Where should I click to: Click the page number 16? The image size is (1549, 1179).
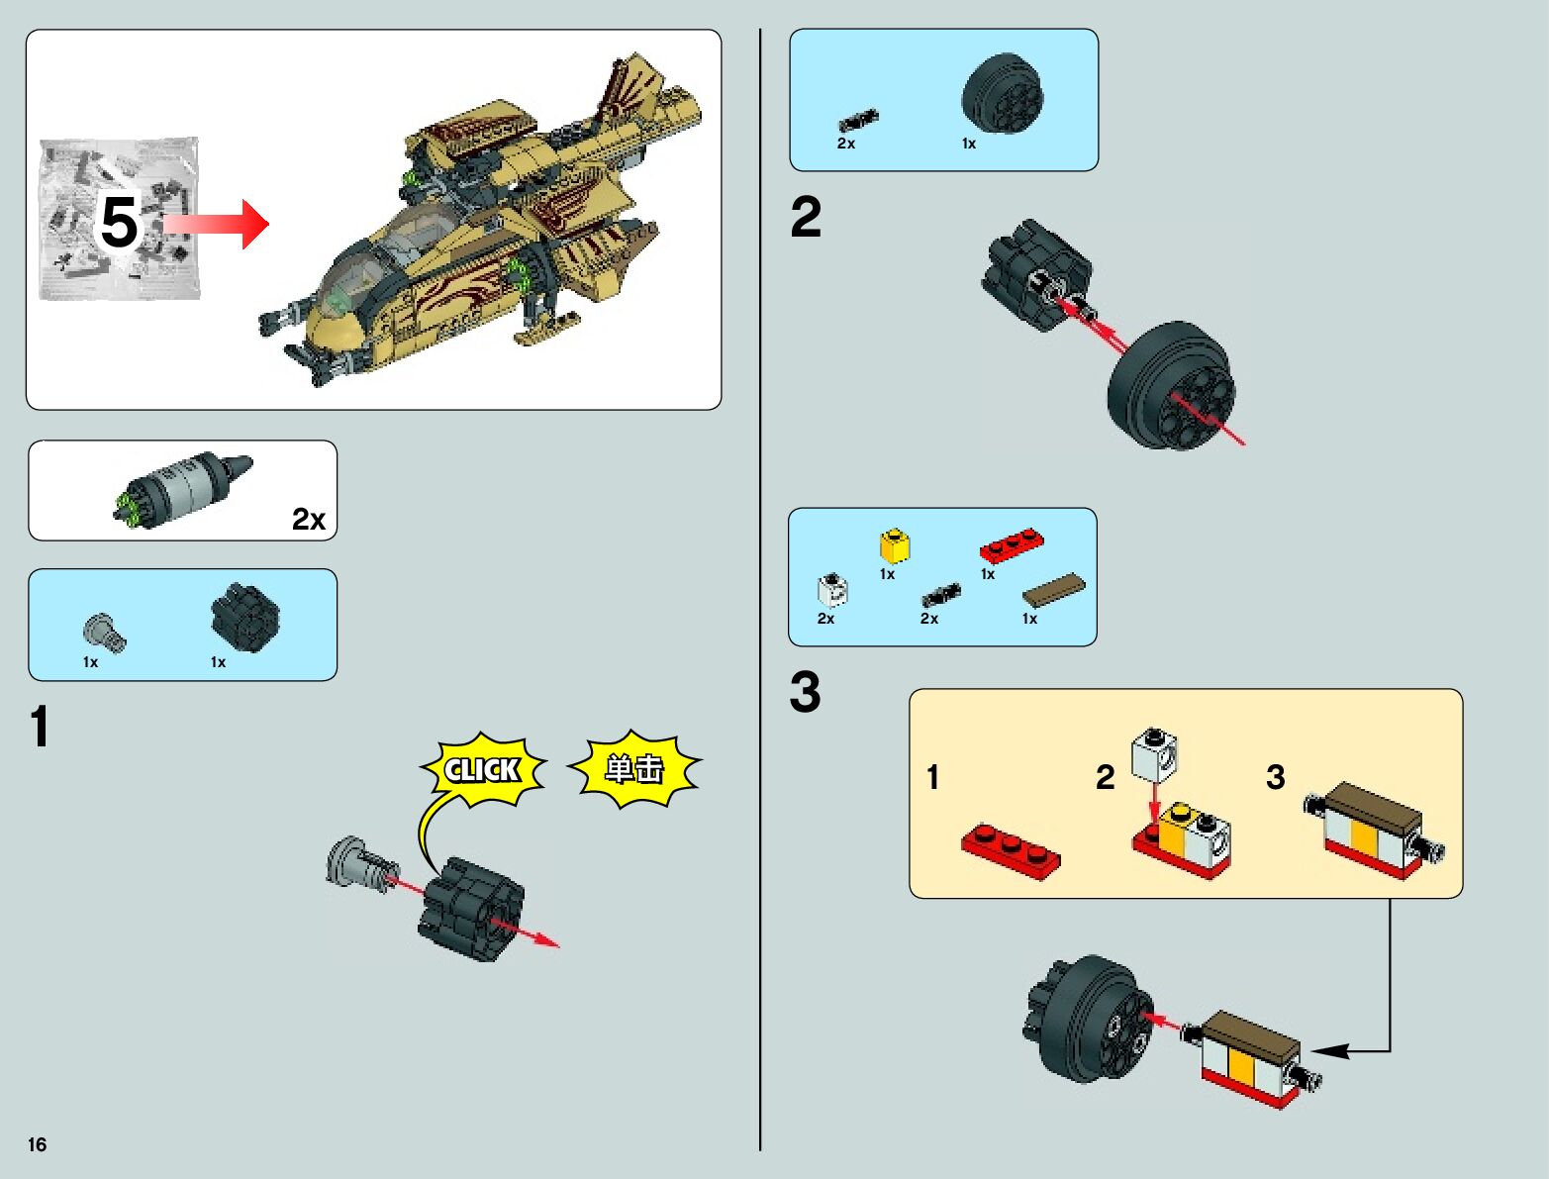(38, 1144)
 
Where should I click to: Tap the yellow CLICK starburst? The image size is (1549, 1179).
(483, 769)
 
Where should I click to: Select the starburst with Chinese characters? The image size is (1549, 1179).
(634, 768)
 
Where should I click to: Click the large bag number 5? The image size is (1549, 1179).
(119, 223)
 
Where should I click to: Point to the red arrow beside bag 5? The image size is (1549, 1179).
(216, 224)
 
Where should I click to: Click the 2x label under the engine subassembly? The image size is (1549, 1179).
(309, 520)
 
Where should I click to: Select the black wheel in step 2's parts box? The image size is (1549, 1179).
(1003, 94)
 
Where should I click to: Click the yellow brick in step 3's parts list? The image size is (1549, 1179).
(895, 545)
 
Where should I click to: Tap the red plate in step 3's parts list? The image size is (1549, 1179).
(1012, 544)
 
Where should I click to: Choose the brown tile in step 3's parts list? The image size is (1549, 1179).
(1054, 589)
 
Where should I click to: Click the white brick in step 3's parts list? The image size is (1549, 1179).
(832, 590)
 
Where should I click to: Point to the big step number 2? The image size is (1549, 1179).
(806, 217)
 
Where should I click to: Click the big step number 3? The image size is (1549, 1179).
(806, 691)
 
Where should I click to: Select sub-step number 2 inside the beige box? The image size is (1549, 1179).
(1106, 777)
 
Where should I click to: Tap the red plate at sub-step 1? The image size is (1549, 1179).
(1011, 851)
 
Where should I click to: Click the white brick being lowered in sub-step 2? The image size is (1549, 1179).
(1154, 755)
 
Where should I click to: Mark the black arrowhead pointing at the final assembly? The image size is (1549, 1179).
(1329, 1051)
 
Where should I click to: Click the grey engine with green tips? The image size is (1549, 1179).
(182, 490)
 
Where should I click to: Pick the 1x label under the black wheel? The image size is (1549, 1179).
(969, 144)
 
